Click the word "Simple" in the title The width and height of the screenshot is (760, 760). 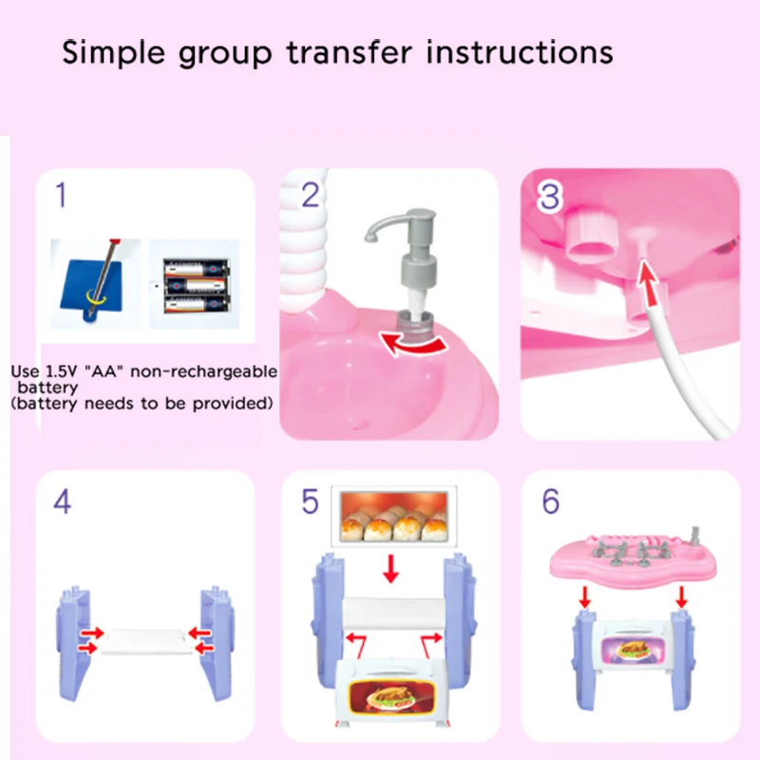coord(113,53)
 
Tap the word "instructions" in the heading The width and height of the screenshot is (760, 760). coord(520,52)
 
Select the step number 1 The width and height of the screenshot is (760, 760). coord(61,195)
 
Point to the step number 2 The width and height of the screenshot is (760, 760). coord(311,195)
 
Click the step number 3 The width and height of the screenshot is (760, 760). coord(550,197)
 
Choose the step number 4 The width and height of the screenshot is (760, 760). coord(62,502)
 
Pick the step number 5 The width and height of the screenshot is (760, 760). coord(311,502)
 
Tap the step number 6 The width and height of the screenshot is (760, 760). coord(551,502)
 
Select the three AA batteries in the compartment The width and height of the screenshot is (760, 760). coord(196,286)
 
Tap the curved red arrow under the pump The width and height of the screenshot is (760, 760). coord(413,343)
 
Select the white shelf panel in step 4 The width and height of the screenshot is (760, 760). coord(146,640)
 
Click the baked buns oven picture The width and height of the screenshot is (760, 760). coord(393,516)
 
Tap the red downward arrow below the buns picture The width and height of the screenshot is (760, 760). coord(390,569)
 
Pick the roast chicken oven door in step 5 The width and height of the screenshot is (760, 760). coord(390,692)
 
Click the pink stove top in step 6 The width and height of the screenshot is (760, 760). coord(634,558)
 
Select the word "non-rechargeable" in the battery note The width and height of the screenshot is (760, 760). coord(203,371)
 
